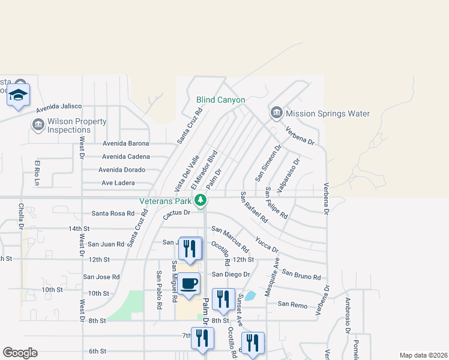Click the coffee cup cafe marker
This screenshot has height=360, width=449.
click(188, 284)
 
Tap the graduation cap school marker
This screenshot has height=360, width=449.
click(19, 95)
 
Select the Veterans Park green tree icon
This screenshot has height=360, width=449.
click(203, 200)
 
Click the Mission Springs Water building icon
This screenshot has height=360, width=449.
click(277, 113)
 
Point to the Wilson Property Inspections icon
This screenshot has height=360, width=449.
click(38, 124)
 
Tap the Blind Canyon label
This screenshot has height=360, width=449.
click(221, 100)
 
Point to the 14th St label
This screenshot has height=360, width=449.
click(79, 229)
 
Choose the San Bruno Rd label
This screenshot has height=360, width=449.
click(301, 275)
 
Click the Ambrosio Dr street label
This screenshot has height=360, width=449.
click(348, 316)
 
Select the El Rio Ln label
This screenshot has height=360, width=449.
click(37, 173)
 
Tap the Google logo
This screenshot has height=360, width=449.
click(20, 353)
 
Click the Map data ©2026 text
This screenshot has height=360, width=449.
click(423, 355)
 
